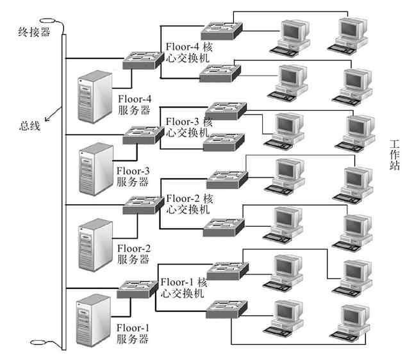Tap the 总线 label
[29, 126]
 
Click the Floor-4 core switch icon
[142, 58]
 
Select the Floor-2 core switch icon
[143, 205]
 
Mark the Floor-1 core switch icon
[136, 288]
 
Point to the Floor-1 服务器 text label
[133, 332]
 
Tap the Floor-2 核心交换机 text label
[189, 204]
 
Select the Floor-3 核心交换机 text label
[189, 127]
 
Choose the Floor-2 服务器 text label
[133, 254]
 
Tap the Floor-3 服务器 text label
[133, 176]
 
